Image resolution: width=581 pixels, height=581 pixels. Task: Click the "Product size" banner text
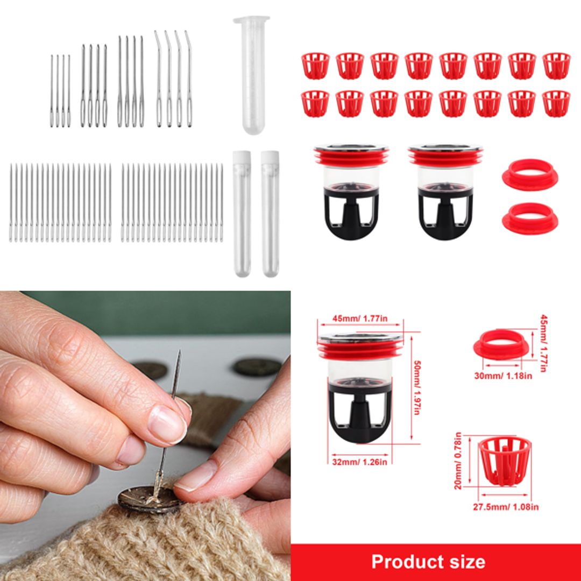click(x=428, y=562)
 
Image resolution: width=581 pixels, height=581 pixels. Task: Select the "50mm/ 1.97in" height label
click(x=415, y=387)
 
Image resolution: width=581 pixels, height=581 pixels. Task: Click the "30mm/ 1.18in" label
click(x=503, y=375)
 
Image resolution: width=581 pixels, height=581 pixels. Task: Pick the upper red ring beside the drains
click(x=529, y=173)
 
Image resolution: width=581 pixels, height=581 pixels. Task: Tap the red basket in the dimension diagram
click(x=504, y=460)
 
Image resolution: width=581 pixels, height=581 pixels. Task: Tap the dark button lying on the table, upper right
click(x=257, y=367)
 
